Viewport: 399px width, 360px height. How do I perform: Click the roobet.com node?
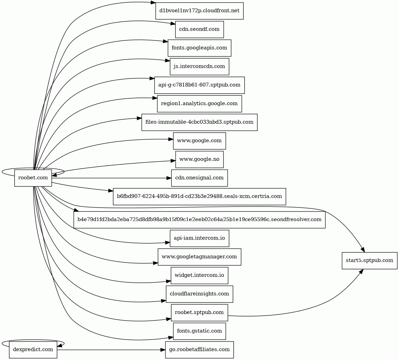click(33, 178)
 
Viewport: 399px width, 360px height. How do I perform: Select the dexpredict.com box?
click(33, 350)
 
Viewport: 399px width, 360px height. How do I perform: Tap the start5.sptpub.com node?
click(369, 260)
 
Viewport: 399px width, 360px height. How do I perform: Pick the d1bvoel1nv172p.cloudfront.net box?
click(199, 11)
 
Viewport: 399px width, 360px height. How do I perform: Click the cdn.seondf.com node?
click(199, 29)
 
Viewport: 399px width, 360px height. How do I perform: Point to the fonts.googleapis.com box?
click(199, 48)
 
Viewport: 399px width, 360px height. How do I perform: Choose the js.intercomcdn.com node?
click(199, 66)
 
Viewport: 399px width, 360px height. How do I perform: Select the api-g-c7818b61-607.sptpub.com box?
click(199, 85)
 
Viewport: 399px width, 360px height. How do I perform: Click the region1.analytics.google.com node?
click(199, 103)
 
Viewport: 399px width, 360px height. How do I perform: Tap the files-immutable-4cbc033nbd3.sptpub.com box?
click(199, 122)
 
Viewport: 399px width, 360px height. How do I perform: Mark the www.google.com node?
click(199, 141)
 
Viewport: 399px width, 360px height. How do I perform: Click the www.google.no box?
click(199, 159)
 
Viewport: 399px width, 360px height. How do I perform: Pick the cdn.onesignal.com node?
click(199, 178)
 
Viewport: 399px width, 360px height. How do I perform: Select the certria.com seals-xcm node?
click(199, 196)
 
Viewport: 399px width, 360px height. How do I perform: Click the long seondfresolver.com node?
click(199, 220)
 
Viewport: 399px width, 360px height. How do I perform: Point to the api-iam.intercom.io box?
click(199, 238)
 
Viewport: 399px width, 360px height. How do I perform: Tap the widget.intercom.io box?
click(199, 275)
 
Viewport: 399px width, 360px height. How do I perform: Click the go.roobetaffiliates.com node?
click(199, 350)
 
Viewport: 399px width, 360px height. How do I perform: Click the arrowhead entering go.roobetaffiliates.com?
click(163, 350)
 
